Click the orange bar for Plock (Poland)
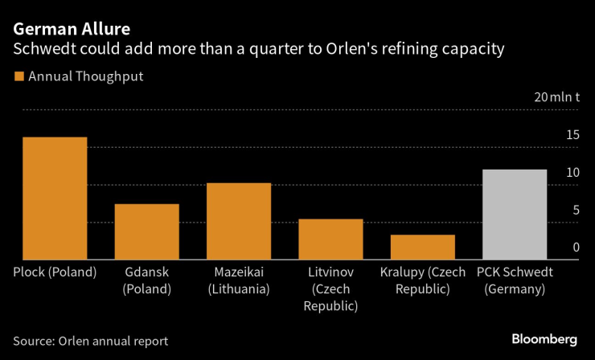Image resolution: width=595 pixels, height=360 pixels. point(55,198)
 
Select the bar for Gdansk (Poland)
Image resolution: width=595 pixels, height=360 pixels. point(146,231)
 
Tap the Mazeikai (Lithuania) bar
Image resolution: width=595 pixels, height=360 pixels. point(239,221)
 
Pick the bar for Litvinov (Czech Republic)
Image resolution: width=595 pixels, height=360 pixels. point(330,239)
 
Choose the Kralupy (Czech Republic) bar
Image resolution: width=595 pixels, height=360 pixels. point(422,247)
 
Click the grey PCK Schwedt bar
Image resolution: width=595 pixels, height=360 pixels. point(514,214)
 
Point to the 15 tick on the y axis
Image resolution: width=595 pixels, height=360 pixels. point(572,135)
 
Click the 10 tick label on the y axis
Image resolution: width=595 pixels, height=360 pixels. point(572,173)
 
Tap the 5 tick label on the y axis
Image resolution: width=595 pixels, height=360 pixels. point(575,211)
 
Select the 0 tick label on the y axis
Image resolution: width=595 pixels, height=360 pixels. point(576,247)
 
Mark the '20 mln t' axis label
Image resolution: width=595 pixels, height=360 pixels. point(556,97)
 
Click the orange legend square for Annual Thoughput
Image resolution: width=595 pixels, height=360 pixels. point(18,77)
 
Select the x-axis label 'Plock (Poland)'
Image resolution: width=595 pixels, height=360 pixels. point(55,272)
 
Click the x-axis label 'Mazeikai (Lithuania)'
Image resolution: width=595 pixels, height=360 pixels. point(238,280)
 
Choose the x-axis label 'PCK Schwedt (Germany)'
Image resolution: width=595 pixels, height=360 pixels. point(515,280)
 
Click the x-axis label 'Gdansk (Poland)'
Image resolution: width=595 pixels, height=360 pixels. point(147,280)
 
